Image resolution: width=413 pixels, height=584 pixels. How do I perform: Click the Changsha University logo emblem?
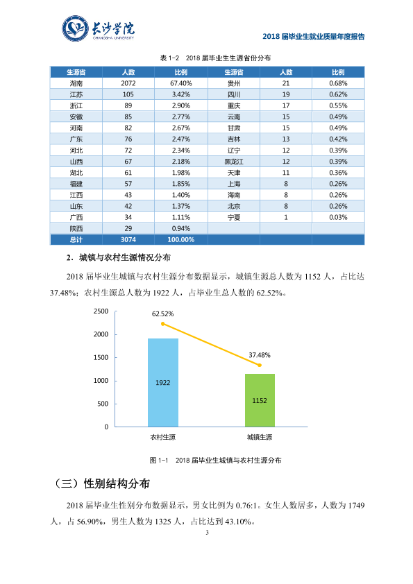[x=75, y=28]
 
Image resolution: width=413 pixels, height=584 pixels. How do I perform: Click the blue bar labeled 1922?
[x=163, y=382]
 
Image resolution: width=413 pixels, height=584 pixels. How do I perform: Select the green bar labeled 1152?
[x=260, y=400]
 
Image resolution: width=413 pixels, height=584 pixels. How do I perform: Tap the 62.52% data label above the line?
[x=163, y=314]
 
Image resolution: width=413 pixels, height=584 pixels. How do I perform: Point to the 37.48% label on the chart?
[x=260, y=355]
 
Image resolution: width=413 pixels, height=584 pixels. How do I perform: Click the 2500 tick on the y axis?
[x=101, y=311]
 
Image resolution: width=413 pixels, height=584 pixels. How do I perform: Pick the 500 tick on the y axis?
[x=103, y=404]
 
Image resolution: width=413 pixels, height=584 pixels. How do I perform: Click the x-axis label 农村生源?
[x=163, y=437]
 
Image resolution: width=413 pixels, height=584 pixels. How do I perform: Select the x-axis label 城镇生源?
[x=260, y=437]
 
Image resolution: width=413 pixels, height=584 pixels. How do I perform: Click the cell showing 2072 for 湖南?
[x=128, y=83]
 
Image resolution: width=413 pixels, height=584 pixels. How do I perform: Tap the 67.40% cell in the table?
[x=181, y=83]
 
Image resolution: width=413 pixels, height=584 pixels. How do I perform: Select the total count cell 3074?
[x=128, y=240]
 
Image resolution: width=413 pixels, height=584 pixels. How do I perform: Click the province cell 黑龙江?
[x=234, y=162]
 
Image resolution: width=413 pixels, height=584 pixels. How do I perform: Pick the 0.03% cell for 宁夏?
[x=338, y=218]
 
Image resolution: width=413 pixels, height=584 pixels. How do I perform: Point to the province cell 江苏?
[x=76, y=94]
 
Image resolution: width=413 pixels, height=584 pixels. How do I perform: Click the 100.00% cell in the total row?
[x=181, y=240]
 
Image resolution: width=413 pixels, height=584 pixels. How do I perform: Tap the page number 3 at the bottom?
[x=208, y=533]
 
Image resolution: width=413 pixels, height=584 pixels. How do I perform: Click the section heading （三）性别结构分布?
[x=101, y=483]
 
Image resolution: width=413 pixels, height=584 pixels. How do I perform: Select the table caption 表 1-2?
[x=169, y=58]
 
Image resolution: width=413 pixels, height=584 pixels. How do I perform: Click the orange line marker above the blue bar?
[x=163, y=324]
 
